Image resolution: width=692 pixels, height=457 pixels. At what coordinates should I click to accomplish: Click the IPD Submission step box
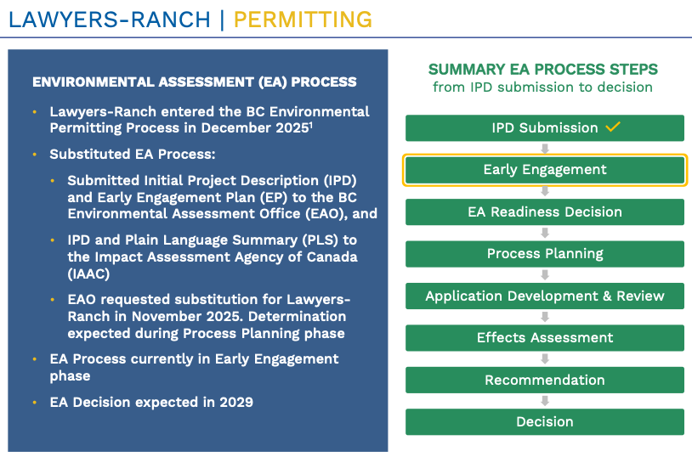545,128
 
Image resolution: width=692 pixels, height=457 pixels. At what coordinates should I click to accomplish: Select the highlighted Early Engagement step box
545,170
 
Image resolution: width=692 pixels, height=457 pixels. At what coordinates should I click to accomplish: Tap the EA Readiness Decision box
545,212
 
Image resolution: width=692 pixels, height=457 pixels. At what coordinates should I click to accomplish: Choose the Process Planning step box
545,254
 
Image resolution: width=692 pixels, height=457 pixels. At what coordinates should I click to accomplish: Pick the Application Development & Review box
545,296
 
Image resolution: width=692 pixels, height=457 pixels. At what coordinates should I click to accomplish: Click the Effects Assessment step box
545,338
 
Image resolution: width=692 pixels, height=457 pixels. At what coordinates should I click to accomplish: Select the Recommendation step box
545,380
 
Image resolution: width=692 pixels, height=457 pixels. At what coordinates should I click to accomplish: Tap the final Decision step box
545,422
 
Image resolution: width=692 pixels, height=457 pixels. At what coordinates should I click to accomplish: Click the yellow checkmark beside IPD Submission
613,127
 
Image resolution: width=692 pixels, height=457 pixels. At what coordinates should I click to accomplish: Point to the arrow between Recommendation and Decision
545,401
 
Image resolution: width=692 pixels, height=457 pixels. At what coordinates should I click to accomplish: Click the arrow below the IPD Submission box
545,149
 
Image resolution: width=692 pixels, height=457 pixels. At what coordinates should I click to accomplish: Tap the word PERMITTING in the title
303,20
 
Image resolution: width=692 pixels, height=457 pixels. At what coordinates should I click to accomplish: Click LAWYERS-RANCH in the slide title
110,20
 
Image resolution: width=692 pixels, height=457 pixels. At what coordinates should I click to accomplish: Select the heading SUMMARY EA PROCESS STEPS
543,70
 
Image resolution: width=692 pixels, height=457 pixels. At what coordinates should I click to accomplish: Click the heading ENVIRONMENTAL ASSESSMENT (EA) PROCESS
194,82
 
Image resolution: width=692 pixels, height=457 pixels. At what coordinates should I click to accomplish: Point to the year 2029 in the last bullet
236,403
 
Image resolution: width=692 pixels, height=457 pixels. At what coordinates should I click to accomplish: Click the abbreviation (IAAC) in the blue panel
88,274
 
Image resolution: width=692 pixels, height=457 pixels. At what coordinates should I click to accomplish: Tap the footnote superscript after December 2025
311,125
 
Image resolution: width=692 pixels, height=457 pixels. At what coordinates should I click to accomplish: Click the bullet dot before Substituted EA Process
35,155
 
